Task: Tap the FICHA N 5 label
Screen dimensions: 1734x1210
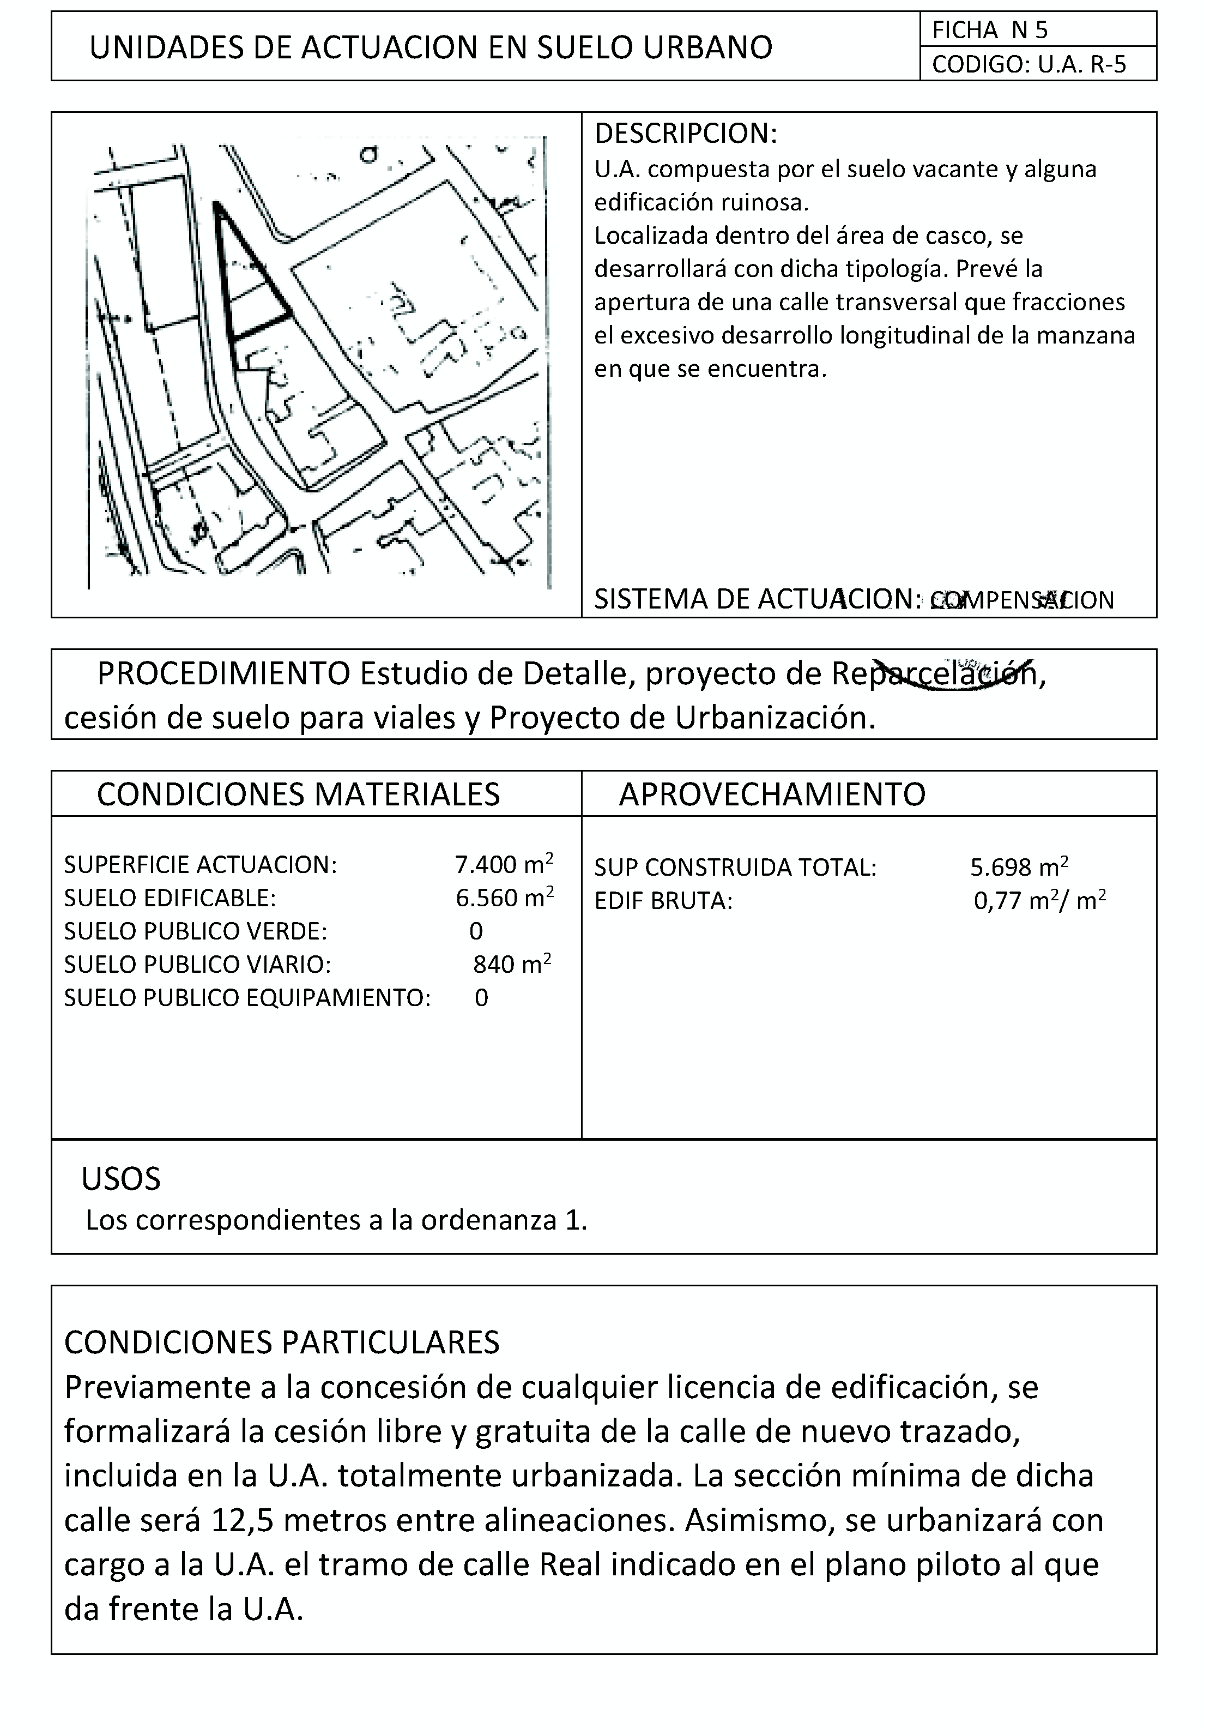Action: [x=990, y=30]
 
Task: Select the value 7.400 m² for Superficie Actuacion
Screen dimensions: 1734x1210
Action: [x=504, y=864]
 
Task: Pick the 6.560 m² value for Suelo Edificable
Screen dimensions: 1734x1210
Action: [x=504, y=897]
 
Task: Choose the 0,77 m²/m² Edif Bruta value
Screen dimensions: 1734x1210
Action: [x=1039, y=901]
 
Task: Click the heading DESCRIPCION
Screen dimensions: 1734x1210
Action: [x=685, y=134]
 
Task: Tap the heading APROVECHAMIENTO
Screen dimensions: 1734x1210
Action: [x=771, y=794]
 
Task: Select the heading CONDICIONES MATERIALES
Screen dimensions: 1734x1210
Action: [x=298, y=794]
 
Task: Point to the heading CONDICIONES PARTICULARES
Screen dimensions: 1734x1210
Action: [x=282, y=1342]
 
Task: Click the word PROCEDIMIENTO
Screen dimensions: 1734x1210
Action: [x=223, y=673]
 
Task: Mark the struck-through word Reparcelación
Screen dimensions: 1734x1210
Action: [x=935, y=673]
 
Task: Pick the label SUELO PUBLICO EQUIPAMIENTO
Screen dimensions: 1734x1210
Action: [x=247, y=998]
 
